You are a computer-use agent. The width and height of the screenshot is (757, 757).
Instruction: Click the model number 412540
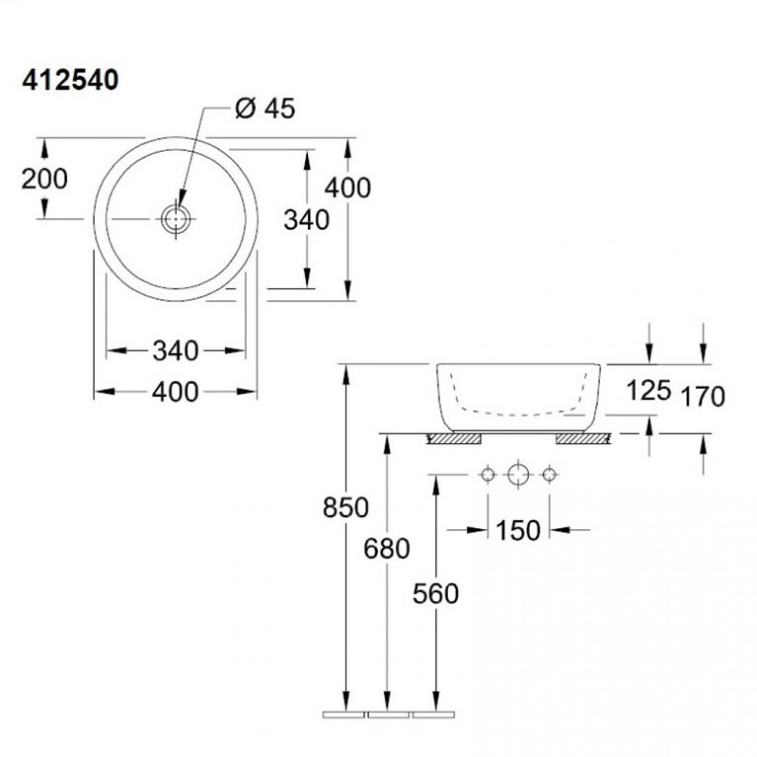pyautogui.click(x=70, y=81)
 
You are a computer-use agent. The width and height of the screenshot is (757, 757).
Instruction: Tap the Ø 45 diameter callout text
pyautogui.click(x=265, y=109)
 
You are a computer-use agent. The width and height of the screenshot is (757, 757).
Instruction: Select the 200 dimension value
pyautogui.click(x=45, y=179)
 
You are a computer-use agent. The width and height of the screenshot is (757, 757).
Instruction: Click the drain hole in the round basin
pyautogui.click(x=176, y=218)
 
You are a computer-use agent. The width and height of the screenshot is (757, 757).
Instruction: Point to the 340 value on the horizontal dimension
pyautogui.click(x=176, y=350)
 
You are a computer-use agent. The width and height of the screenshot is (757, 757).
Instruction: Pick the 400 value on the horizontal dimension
pyautogui.click(x=176, y=392)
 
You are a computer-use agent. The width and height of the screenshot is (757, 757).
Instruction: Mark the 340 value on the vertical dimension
pyautogui.click(x=306, y=220)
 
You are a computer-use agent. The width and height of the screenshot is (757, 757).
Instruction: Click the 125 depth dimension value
pyautogui.click(x=648, y=390)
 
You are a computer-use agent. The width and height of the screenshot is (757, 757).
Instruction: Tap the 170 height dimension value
pyautogui.click(x=703, y=397)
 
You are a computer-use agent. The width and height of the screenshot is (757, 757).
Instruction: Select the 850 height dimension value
pyautogui.click(x=345, y=508)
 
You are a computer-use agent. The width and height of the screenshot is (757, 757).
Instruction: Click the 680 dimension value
pyautogui.click(x=387, y=549)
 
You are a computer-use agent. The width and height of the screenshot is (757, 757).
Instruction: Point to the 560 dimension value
pyautogui.click(x=435, y=593)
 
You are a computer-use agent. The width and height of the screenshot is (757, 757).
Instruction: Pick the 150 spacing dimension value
pyautogui.click(x=518, y=530)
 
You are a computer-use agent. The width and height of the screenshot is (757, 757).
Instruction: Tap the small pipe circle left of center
pyautogui.click(x=487, y=476)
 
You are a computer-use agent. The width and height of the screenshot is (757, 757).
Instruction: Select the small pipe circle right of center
pyautogui.click(x=549, y=476)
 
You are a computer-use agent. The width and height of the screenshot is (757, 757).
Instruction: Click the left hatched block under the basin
pyautogui.click(x=453, y=438)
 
